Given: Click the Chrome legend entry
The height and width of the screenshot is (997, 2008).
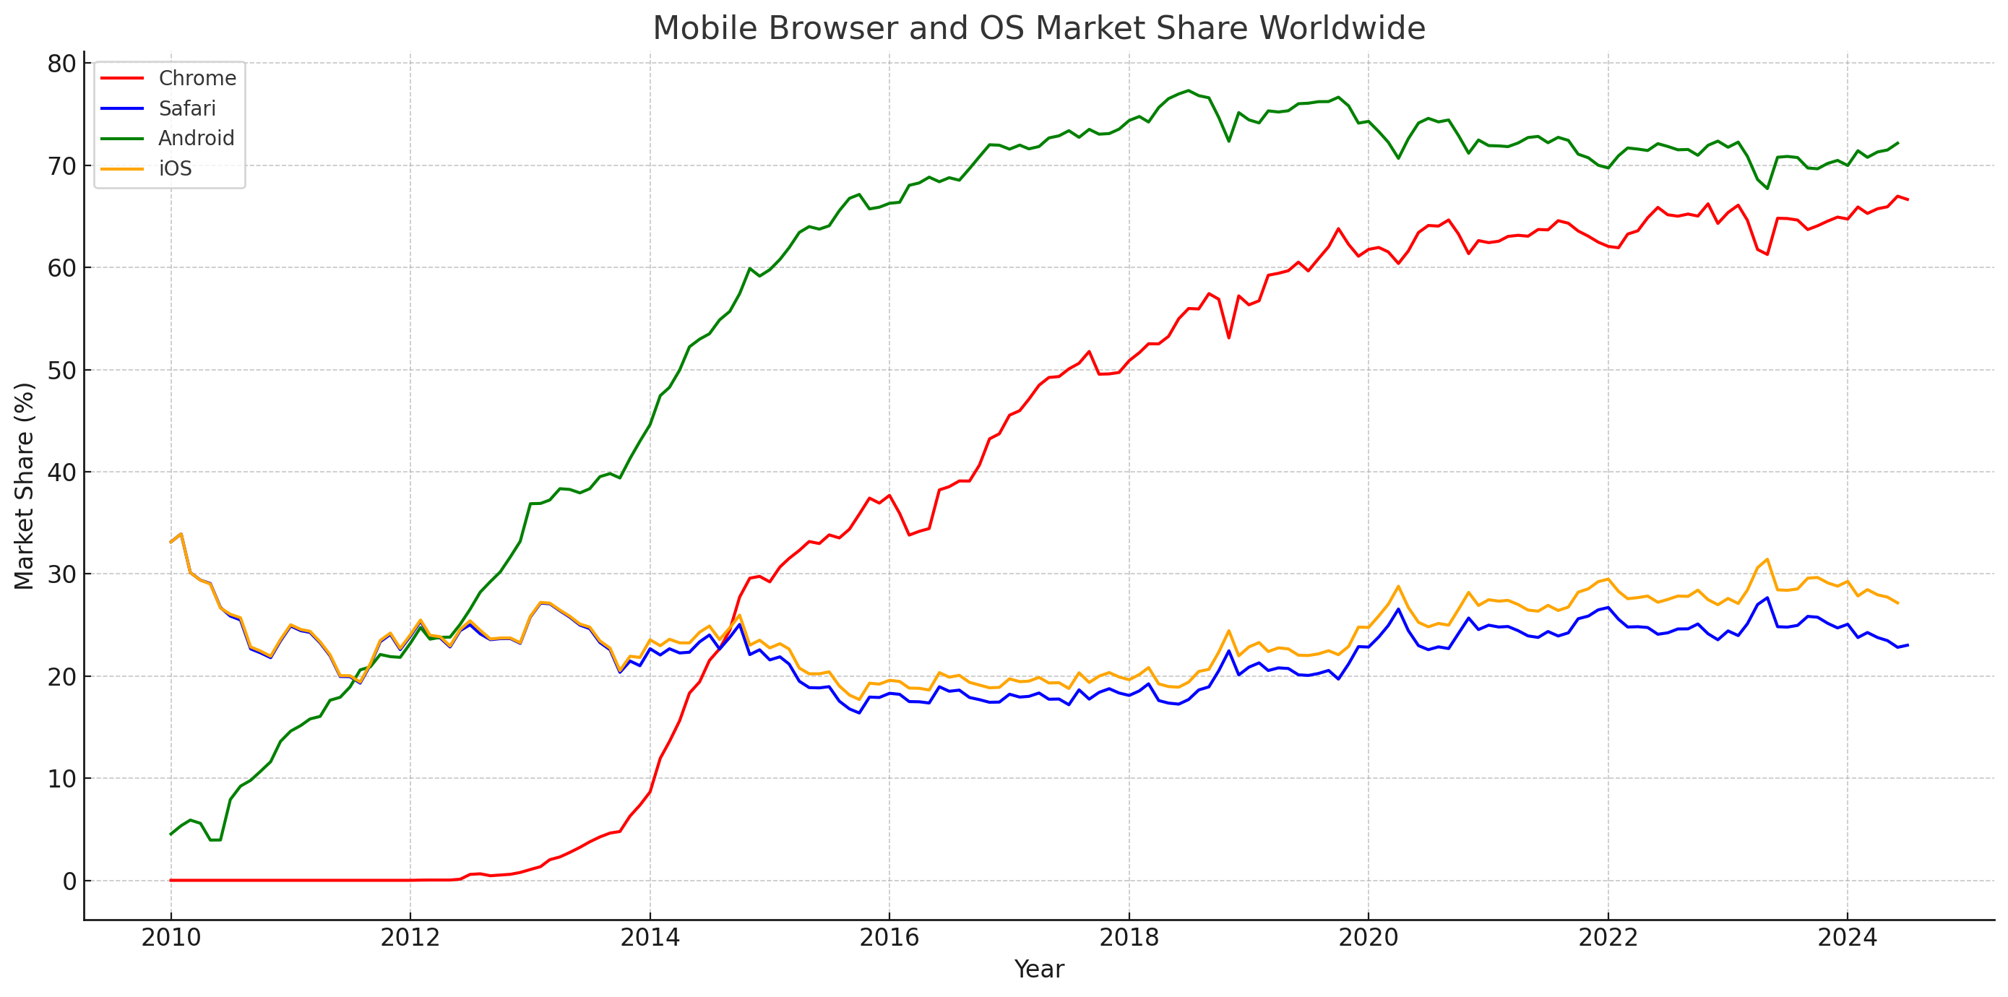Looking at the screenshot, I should point(197,78).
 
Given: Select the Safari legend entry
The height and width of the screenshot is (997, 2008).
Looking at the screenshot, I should point(186,108).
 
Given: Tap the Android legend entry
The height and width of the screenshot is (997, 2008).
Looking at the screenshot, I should point(196,138).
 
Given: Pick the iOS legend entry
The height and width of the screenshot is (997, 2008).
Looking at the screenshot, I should point(175,168).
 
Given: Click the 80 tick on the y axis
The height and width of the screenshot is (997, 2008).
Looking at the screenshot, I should point(61,64).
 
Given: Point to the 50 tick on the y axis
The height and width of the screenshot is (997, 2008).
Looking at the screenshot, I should point(61,371).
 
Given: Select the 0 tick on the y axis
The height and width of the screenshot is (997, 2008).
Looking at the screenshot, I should point(69,881).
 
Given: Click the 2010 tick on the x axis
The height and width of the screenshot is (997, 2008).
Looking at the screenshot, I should point(171,938).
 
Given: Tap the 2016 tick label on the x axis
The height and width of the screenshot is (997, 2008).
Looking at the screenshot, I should point(889,938).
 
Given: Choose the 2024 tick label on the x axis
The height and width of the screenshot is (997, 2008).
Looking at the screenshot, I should point(1848,938).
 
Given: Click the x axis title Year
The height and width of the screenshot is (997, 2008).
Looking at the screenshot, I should point(1038,970).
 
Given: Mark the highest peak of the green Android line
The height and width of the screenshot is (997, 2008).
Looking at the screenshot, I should point(1188,90).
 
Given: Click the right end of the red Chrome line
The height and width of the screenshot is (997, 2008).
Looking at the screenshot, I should point(1908,199).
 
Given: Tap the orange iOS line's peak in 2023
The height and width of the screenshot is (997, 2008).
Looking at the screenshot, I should point(1767,559).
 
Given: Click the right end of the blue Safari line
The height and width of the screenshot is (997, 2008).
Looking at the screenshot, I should point(1908,644).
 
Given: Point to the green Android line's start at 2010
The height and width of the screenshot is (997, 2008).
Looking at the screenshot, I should point(171,834).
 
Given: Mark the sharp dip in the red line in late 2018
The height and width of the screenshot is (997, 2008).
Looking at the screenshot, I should point(1228,337).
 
